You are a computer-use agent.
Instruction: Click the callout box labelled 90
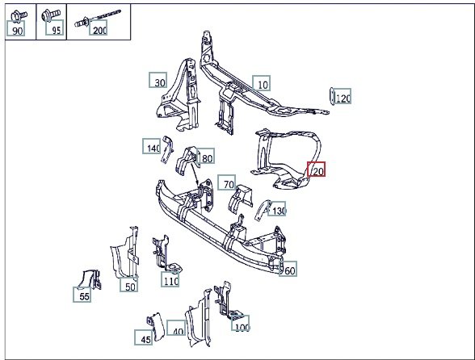[15, 29]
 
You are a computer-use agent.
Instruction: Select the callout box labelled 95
[55, 27]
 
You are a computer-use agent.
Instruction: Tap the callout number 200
[98, 27]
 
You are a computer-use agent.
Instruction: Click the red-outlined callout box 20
[317, 170]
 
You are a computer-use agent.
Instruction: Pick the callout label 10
[262, 83]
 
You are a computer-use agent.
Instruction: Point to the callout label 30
[158, 80]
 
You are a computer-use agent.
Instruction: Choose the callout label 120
[343, 96]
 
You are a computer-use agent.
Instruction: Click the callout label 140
[152, 146]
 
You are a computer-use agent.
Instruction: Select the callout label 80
[205, 156]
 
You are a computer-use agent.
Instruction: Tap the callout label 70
[226, 182]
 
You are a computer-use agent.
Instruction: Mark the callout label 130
[276, 209]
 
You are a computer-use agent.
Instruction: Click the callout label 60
[288, 269]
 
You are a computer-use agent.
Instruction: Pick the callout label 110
[170, 279]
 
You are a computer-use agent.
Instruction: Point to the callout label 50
[128, 285]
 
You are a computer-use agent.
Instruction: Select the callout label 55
[82, 295]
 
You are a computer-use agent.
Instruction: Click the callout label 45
[144, 337]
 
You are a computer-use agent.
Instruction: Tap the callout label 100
[240, 323]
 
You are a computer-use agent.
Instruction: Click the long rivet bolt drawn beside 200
[98, 18]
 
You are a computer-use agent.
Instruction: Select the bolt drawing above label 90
[19, 16]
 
